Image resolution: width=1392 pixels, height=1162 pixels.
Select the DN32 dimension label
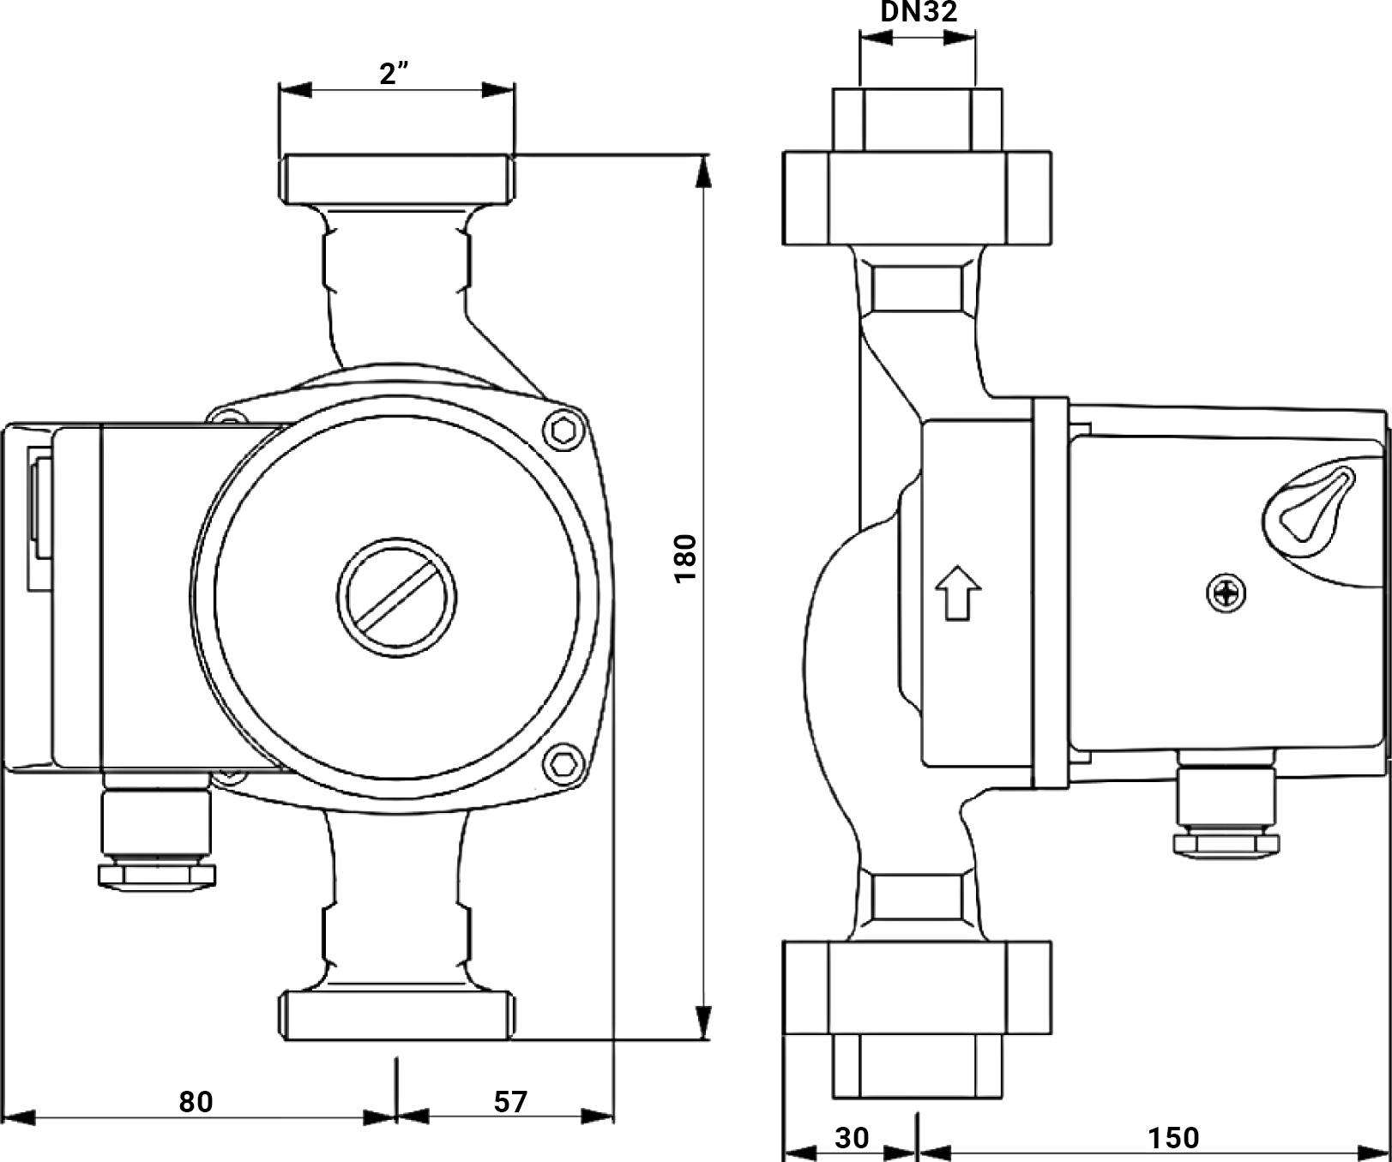pyautogui.click(x=919, y=12)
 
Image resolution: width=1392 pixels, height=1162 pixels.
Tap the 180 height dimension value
pyautogui.click(x=686, y=559)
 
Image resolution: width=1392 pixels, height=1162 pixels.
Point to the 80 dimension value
pyautogui.click(x=196, y=1101)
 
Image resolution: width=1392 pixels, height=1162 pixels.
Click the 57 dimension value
pyautogui.click(x=510, y=1101)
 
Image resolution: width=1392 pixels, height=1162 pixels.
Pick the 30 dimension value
pyautogui.click(x=852, y=1137)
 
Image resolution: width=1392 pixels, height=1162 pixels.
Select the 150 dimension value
pyautogui.click(x=1173, y=1137)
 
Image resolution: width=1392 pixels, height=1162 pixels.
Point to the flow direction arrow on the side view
pyautogui.click(x=957, y=592)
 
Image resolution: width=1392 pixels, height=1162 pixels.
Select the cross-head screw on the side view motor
pyautogui.click(x=1226, y=593)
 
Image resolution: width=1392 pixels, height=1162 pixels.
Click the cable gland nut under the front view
pyautogui.click(x=157, y=876)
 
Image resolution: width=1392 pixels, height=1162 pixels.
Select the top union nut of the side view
pyautogui.click(x=917, y=197)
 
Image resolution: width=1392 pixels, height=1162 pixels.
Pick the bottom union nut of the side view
pyautogui.click(x=917, y=987)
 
